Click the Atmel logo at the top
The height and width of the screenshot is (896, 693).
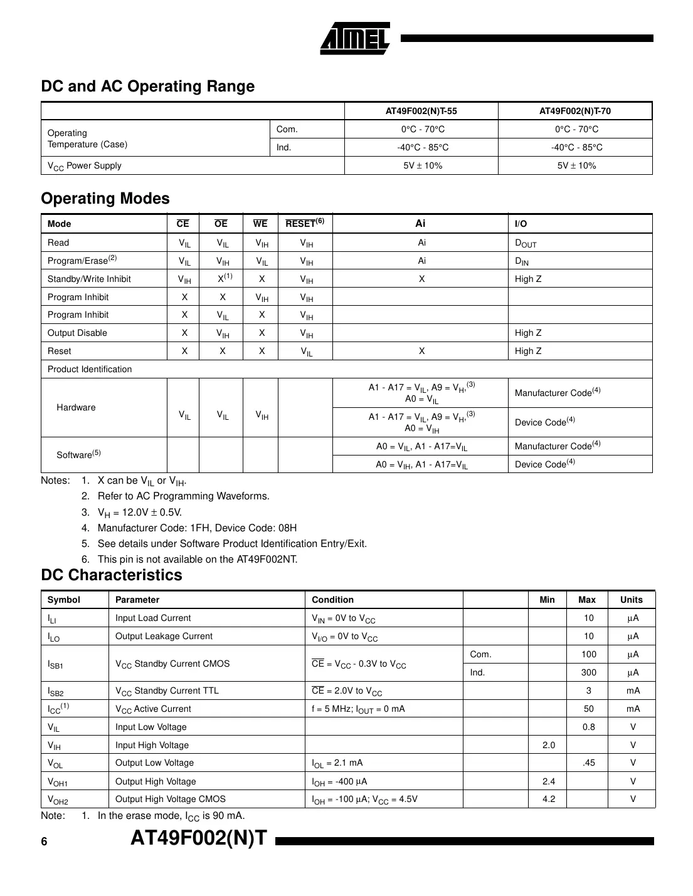(356, 39)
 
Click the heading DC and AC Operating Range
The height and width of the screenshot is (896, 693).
(148, 86)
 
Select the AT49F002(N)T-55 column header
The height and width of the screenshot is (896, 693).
(421, 111)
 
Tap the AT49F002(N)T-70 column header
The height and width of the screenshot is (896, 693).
(575, 111)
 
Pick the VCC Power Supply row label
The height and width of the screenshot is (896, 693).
(85, 166)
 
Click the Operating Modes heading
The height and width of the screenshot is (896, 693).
(105, 199)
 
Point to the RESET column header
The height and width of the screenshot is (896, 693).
(304, 224)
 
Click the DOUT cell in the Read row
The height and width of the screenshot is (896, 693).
(526, 243)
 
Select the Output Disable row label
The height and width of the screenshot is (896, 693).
(77, 333)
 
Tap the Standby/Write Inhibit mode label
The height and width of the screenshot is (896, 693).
(89, 279)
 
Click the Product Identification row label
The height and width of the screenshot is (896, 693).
(90, 369)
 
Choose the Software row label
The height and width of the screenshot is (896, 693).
(78, 454)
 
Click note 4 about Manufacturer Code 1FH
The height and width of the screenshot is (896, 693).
(197, 528)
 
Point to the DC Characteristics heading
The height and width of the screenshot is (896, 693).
(112, 575)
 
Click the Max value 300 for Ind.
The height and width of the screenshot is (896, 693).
(588, 672)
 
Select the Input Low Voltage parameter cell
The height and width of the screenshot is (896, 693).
(151, 727)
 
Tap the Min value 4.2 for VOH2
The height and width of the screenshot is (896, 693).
(549, 799)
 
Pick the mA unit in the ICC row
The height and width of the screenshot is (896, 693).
(633, 709)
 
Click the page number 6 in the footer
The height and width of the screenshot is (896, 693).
(44, 841)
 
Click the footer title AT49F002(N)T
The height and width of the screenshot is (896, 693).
(199, 838)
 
